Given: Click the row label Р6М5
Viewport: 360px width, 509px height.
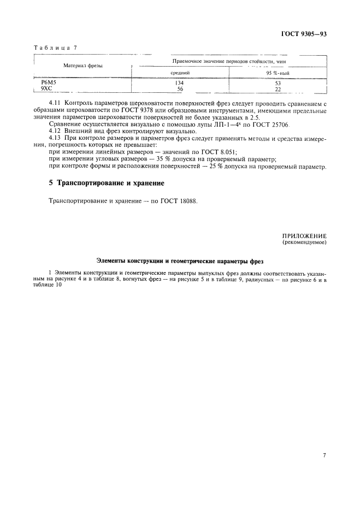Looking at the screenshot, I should tap(49, 82).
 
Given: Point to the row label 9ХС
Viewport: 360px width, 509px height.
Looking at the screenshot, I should tap(48, 88).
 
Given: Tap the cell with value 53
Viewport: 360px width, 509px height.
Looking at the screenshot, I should tap(278, 83).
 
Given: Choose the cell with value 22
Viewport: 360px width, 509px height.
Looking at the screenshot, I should tap(278, 89).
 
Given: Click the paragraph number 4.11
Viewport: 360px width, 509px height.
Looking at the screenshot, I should tap(55, 103).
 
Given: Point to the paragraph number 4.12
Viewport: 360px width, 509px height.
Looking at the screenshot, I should tap(55, 132).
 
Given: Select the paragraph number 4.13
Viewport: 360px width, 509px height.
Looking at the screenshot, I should tap(55, 138).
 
